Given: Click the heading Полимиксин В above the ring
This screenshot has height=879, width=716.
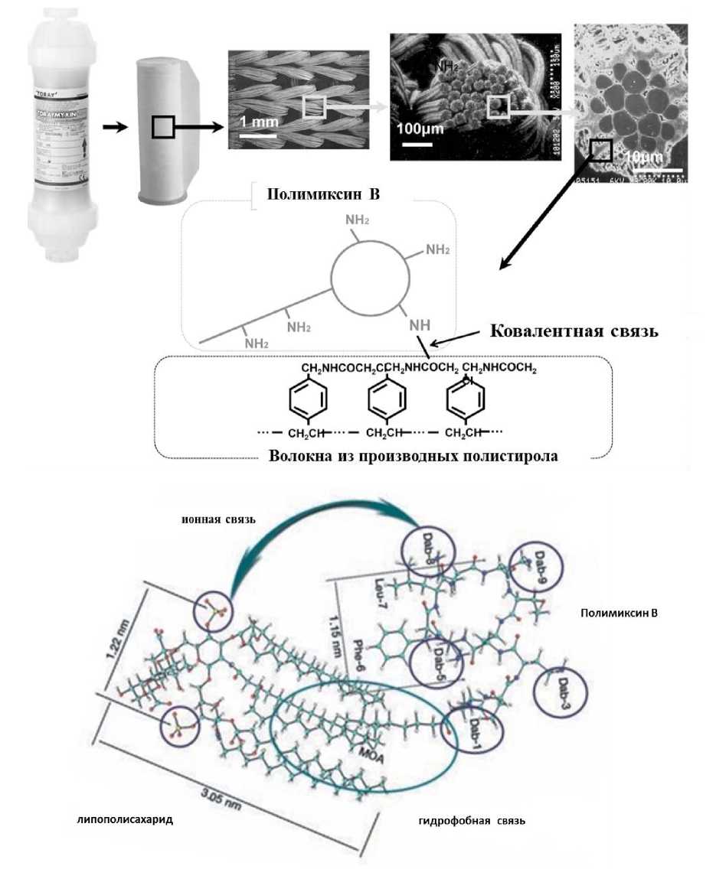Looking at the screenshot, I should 322,193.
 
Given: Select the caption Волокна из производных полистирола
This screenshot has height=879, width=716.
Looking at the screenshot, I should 414,457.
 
